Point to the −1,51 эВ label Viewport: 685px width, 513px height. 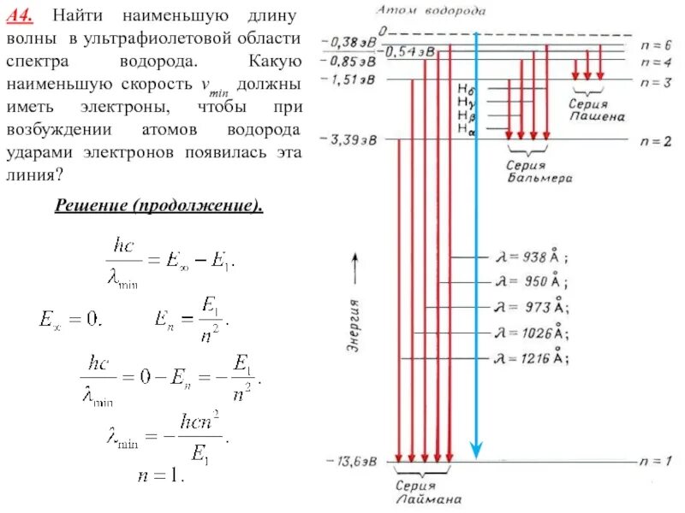pos(349,80)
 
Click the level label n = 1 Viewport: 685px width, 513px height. pos(656,462)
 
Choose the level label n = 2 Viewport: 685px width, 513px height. pos(656,140)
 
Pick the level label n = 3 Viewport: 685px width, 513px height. pos(656,80)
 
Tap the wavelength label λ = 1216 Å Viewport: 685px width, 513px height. pos(530,358)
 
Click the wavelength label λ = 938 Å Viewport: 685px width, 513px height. pos(530,256)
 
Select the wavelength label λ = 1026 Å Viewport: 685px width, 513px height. pos(530,332)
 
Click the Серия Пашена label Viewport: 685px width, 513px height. pos(593,109)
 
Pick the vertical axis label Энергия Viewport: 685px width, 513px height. pos(352,326)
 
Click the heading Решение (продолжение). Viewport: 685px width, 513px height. pos(158,207)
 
